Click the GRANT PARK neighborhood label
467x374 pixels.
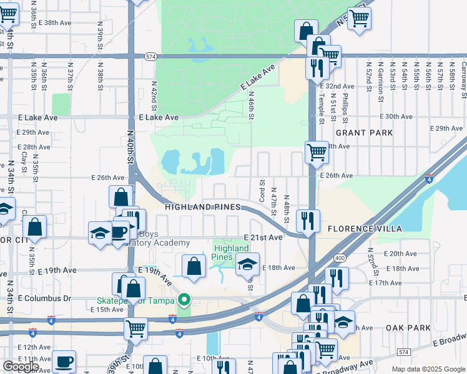tap(365, 133)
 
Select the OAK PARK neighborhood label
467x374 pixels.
tap(408, 328)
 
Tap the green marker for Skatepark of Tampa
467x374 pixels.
tap(183, 301)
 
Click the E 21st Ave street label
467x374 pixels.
tap(264, 237)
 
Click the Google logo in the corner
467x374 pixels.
tap(21, 367)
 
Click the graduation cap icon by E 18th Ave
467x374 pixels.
tap(247, 264)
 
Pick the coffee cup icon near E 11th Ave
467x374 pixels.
tap(63, 362)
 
